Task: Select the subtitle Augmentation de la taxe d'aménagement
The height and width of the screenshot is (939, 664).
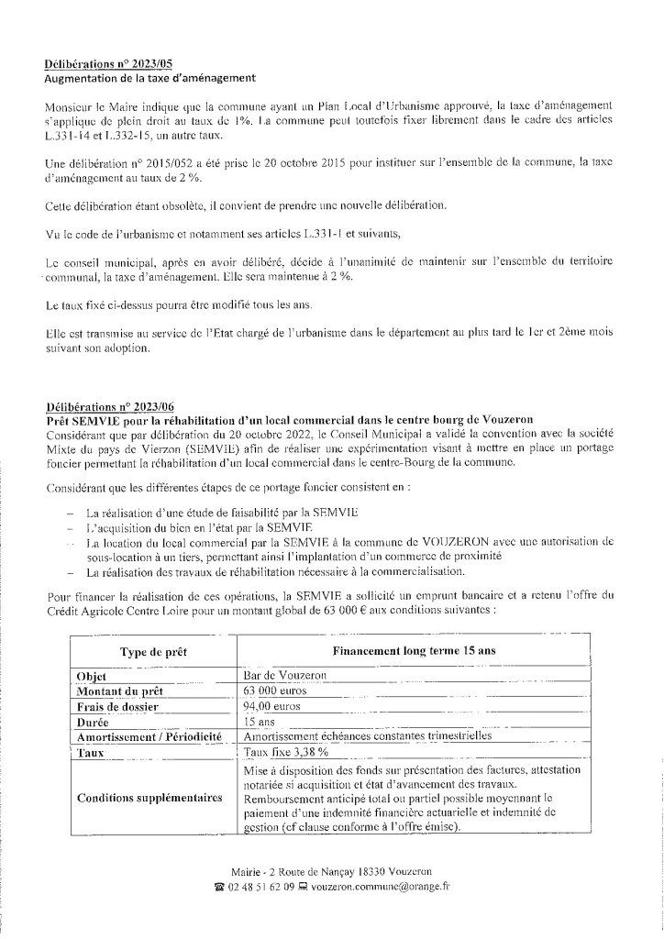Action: coord(150,78)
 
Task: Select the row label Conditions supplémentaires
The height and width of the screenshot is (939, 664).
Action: coord(150,798)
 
